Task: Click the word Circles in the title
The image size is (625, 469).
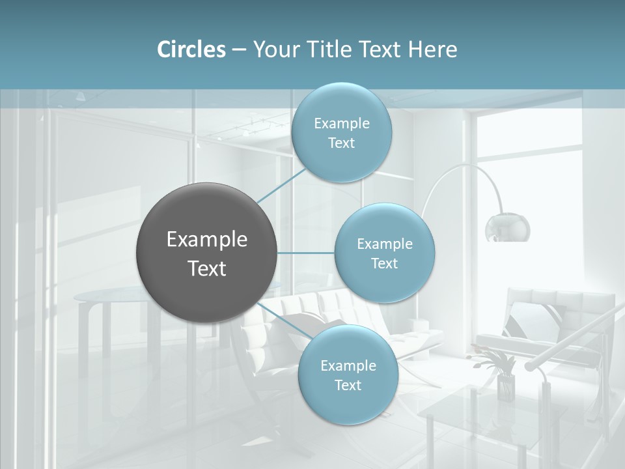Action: tap(191, 50)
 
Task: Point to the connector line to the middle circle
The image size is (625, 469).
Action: tap(306, 253)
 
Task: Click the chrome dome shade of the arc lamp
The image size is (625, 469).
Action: tap(507, 227)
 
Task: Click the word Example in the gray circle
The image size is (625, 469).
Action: tap(207, 240)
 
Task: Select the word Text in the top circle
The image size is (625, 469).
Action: tap(341, 143)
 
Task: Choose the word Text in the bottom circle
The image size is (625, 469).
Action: tap(348, 386)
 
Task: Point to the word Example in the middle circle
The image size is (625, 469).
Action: tap(384, 244)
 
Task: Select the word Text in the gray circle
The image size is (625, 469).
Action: tap(207, 268)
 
